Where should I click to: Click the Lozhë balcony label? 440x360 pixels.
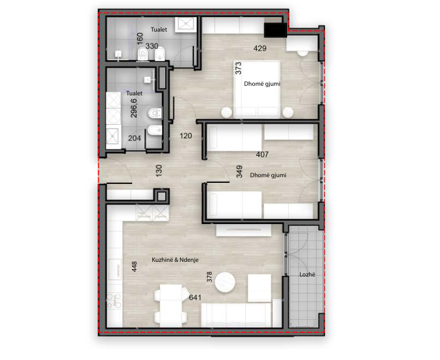(307, 274)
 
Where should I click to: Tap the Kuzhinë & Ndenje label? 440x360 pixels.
(175, 260)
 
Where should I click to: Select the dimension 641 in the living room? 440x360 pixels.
(195, 297)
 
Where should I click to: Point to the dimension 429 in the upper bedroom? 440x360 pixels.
(260, 49)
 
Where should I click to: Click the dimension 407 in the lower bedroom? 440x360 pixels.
(262, 154)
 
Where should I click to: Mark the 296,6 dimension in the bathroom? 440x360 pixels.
(134, 108)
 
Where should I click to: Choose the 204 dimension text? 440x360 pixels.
(134, 138)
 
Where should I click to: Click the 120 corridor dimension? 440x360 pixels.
(186, 136)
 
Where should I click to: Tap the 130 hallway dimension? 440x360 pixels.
(159, 170)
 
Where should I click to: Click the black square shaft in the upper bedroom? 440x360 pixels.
(275, 30)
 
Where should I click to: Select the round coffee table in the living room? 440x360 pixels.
(225, 283)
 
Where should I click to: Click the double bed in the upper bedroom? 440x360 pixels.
(257, 89)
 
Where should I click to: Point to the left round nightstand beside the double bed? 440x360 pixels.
(226, 112)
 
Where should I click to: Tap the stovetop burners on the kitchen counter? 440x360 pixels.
(114, 301)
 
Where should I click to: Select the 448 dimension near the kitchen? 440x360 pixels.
(134, 266)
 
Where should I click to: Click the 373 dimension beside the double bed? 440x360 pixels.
(238, 68)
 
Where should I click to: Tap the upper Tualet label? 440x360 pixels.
(159, 29)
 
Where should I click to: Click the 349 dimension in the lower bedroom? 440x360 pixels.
(239, 172)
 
